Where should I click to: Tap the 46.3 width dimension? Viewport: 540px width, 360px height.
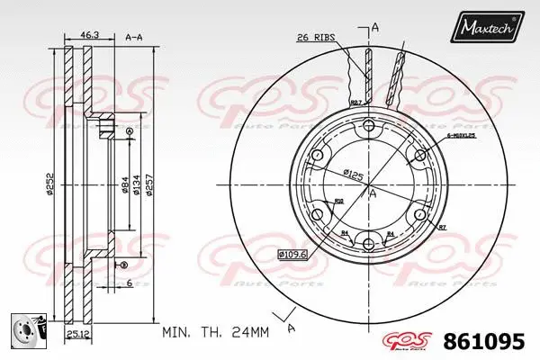click(x=90, y=34)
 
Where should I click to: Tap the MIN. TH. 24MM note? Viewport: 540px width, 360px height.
click(x=216, y=332)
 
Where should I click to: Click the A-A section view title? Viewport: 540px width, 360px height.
click(x=134, y=37)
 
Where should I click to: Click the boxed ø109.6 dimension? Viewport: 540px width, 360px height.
click(x=293, y=254)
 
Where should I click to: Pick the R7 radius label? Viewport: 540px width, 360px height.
click(x=443, y=229)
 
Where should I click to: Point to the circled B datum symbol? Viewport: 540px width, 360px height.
click(x=124, y=263)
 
